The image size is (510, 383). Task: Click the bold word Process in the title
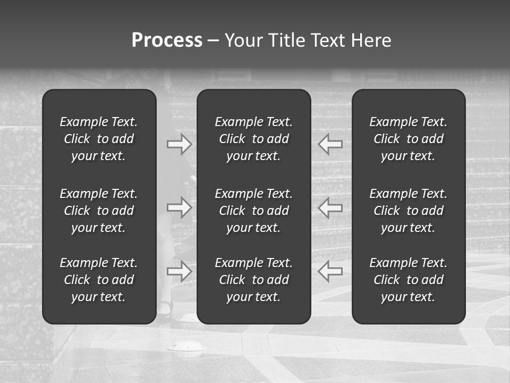coord(167,40)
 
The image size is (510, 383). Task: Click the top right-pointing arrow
coord(179,144)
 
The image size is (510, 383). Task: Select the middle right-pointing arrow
coord(179,207)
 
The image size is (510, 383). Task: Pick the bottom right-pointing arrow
coord(179,271)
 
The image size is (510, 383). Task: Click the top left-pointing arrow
coord(330,144)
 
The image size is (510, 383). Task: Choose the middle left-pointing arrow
coord(330,207)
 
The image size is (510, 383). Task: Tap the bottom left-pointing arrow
coord(330,271)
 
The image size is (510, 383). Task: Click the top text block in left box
coord(99,139)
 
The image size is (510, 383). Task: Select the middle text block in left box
coord(99,211)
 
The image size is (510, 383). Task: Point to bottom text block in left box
coord(99,280)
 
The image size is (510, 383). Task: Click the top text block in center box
coord(254,139)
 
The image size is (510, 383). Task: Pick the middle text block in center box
coord(254,211)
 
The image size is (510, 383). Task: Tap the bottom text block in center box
coord(254,280)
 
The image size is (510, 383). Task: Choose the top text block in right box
coord(409,139)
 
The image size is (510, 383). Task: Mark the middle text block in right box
coord(409,211)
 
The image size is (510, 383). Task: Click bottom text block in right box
coord(409,280)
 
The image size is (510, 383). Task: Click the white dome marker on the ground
coord(187,347)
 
